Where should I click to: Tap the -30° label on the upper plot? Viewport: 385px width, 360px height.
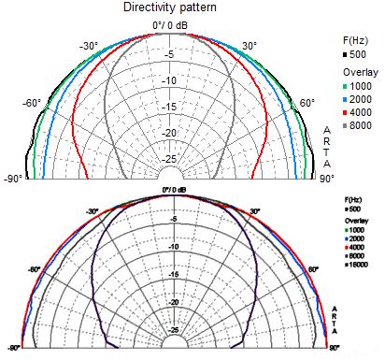coord(89,46)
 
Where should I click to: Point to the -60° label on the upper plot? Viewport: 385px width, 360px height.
coord(32,104)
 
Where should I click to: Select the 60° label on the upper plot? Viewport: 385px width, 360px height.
coord(305,104)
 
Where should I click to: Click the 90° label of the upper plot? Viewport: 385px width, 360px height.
coord(327,178)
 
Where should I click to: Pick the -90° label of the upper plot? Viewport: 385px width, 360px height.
coord(12,178)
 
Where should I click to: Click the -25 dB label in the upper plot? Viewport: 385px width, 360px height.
coord(171,159)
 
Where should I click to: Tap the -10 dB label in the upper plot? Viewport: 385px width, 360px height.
coord(171,80)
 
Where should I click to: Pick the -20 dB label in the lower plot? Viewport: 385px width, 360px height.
coord(175,302)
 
